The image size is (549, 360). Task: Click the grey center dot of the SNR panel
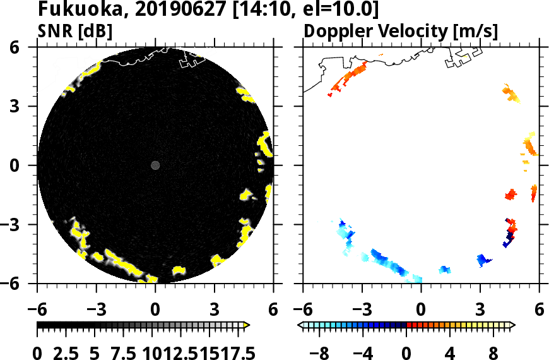click(155, 165)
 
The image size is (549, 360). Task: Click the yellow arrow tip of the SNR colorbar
click(247, 325)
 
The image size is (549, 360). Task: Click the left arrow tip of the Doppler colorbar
click(300, 325)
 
